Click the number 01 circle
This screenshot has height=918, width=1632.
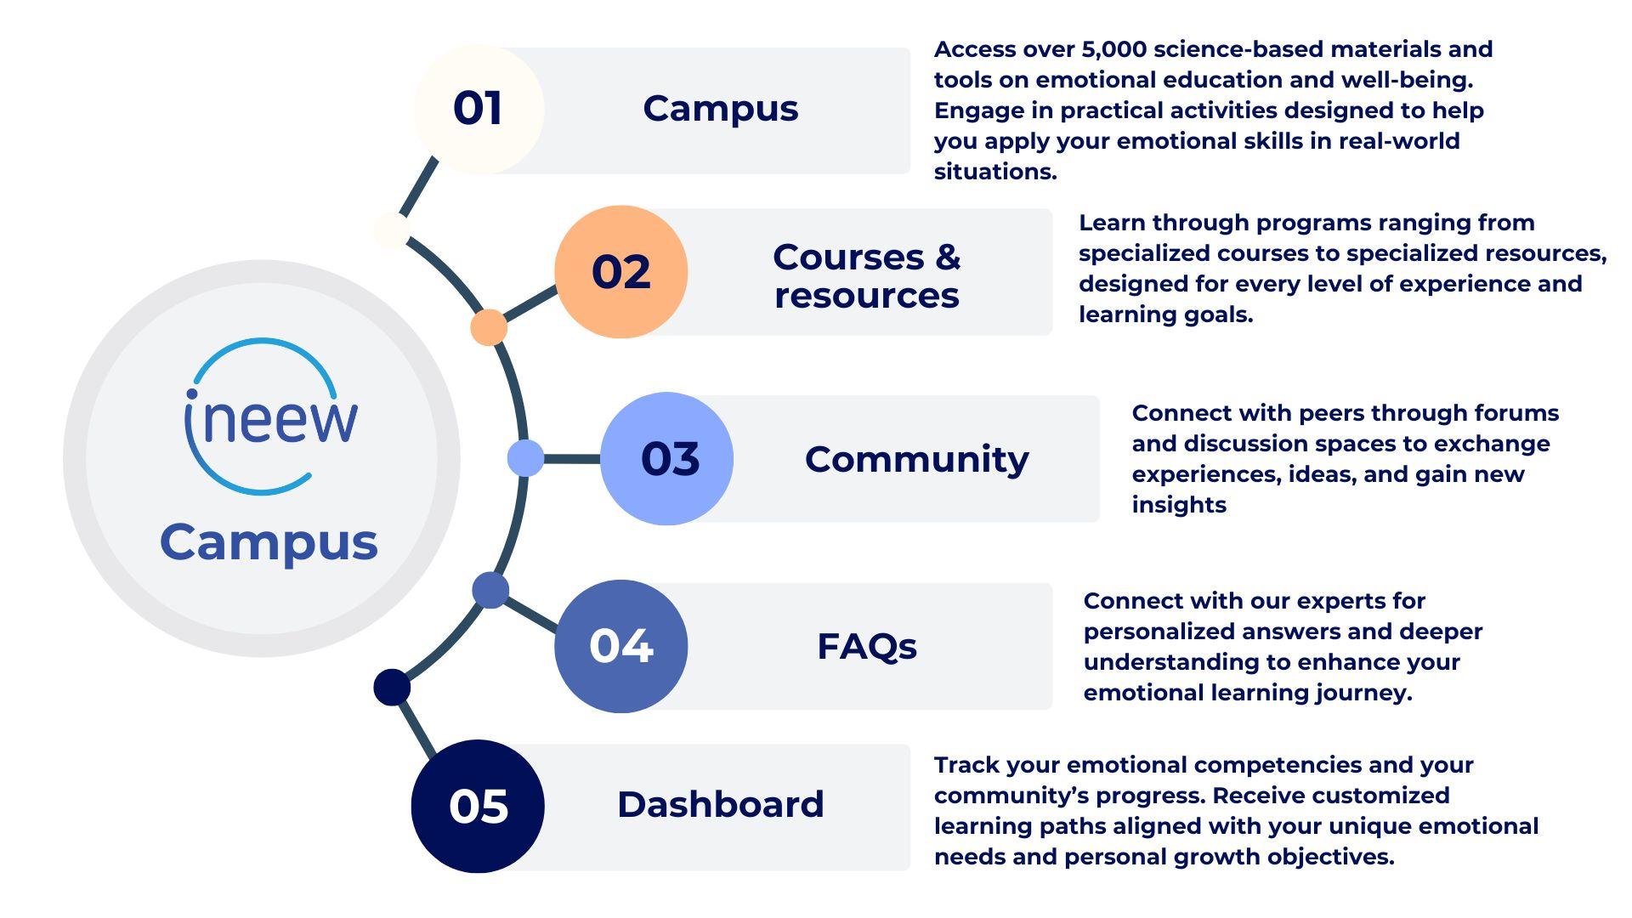pos(479,109)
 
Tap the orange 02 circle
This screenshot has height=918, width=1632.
pos(620,272)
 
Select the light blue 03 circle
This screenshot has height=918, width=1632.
pos(666,459)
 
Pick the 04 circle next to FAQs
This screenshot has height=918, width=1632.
pos(620,646)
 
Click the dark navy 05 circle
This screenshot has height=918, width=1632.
pos(478,806)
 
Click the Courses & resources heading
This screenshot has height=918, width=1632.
pos(867,275)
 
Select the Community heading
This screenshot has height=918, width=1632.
pos(916,460)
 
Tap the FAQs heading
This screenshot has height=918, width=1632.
pos(867,647)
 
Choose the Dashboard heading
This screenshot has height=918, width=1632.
pos(721,804)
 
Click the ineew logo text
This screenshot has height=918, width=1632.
pos(271,418)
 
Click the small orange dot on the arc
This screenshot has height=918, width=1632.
pos(489,327)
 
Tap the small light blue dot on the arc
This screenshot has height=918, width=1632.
pos(525,458)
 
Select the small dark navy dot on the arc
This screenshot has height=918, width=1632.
pos(392,687)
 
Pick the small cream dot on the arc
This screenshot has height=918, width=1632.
pos(391,230)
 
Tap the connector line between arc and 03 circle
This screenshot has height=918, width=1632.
pos(572,459)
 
